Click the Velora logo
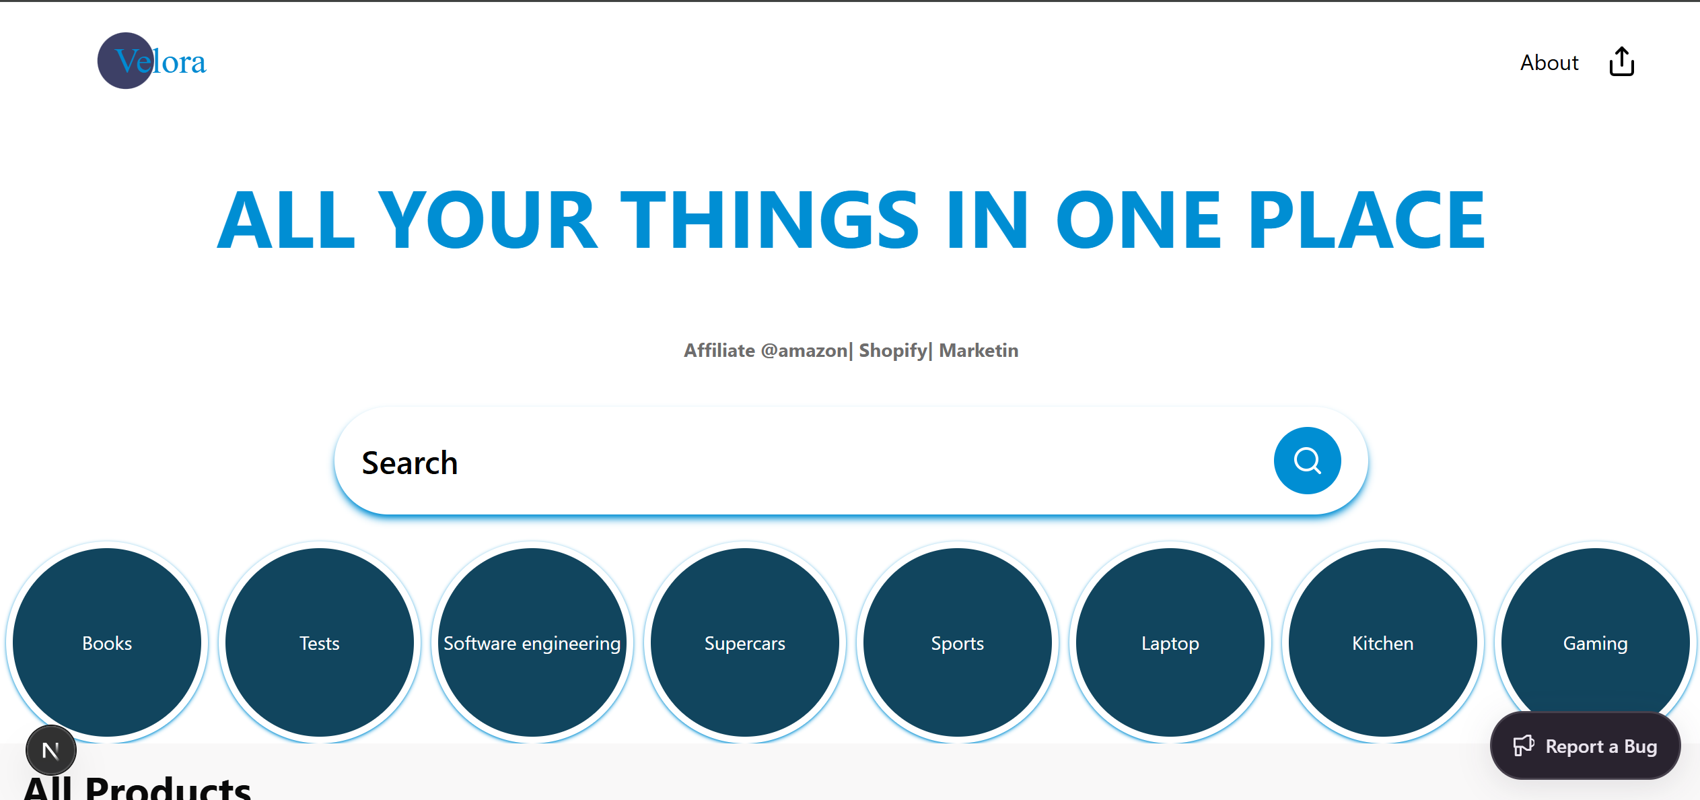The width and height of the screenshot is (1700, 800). point(152,61)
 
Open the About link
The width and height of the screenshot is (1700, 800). point(1549,63)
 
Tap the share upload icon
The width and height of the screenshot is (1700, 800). point(1621,62)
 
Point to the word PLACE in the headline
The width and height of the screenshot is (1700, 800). point(1367,220)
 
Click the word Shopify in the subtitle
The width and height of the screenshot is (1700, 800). point(893,351)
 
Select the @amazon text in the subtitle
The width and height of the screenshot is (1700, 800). point(804,351)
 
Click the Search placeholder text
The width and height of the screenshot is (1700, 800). point(410,463)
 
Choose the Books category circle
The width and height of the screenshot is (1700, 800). point(107,642)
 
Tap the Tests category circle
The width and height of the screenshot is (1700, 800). point(320,642)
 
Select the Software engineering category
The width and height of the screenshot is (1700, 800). point(532,642)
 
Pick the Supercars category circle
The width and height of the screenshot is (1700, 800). point(745,642)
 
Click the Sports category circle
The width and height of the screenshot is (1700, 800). point(958,642)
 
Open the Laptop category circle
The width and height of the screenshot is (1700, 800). point(1170,642)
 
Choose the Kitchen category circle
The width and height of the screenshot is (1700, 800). point(1383,642)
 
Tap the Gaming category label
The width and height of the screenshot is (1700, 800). point(1595,644)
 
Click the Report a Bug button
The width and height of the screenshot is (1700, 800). point(1585,746)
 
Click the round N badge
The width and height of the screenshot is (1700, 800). point(51,750)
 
